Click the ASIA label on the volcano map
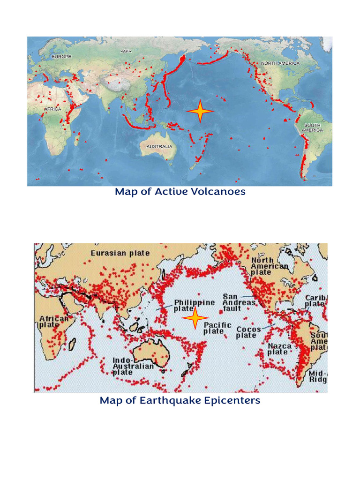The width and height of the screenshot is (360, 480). (x=126, y=51)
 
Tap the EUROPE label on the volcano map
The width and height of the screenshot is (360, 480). (x=61, y=56)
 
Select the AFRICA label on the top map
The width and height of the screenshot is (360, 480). (x=52, y=109)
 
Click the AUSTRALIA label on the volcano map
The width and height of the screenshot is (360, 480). (x=159, y=146)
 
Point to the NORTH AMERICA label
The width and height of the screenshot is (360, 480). (x=280, y=63)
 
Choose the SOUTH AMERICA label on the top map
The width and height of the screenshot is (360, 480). (x=313, y=127)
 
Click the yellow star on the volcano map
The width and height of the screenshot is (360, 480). (x=200, y=112)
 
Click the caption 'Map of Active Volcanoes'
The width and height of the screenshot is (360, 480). (x=180, y=192)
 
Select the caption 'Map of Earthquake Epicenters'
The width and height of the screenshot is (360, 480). (x=180, y=400)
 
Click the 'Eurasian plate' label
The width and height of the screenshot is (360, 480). (x=120, y=253)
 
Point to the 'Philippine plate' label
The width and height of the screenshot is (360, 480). (x=194, y=306)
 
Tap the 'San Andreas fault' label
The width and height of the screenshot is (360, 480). (x=239, y=302)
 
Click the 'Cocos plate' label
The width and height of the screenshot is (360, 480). (x=248, y=332)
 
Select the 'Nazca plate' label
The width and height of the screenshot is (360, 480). (x=280, y=349)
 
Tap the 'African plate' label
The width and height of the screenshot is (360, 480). (x=53, y=321)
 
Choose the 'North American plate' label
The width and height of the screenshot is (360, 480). (x=269, y=266)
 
